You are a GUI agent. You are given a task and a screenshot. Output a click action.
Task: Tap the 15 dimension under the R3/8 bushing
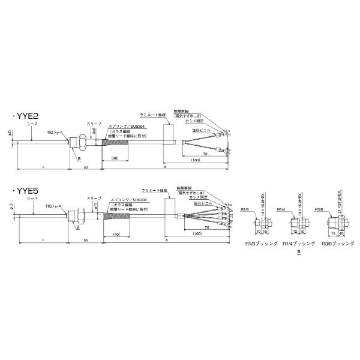pyautogui.click(x=333, y=232)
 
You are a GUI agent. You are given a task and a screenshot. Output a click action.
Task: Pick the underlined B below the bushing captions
pyautogui.click(x=298, y=254)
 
